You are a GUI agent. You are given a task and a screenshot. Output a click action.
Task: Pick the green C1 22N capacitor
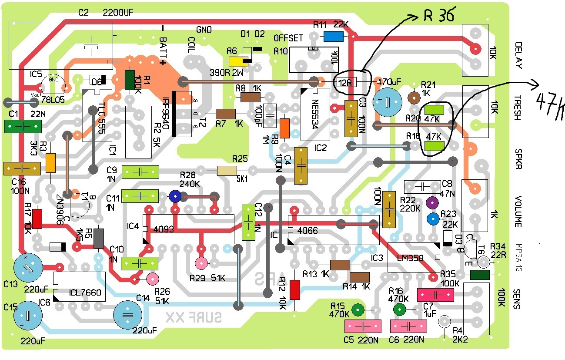pyautogui.click(x=23, y=126)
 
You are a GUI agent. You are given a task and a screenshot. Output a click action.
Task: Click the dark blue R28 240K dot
pyautogui.click(x=175, y=196)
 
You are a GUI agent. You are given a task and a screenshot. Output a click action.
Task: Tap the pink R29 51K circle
pyautogui.click(x=201, y=262)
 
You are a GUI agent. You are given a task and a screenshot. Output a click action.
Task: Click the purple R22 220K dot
pyautogui.click(x=432, y=202)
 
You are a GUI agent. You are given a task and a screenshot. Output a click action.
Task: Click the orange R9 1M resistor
pyautogui.click(x=285, y=128)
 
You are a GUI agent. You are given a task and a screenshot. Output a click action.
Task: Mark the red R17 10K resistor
pyautogui.click(x=37, y=219)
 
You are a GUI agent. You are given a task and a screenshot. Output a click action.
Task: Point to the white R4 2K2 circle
pyautogui.click(x=444, y=322)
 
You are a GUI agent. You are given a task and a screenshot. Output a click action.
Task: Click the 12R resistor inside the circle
pyautogui.click(x=345, y=82)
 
